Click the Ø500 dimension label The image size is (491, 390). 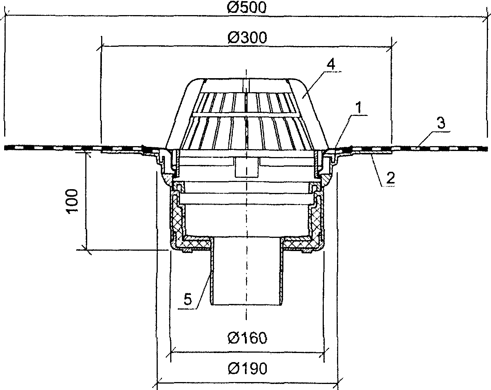tap(247, 7)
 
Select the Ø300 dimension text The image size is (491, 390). tap(247, 37)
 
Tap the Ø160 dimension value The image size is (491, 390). tap(247, 338)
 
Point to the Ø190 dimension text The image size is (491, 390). tap(247, 368)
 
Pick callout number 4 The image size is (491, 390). tap(331, 65)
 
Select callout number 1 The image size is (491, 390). tap(359, 108)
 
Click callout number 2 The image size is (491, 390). tap(390, 178)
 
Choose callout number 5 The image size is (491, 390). tap(188, 299)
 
